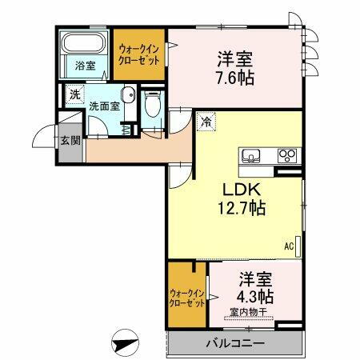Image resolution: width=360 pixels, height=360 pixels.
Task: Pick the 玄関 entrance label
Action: coord(70,142)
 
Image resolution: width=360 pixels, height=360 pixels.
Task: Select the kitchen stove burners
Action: coord(286,154)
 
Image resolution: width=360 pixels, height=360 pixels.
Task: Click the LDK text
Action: coord(238,190)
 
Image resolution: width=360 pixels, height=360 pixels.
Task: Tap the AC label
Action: coord(288,246)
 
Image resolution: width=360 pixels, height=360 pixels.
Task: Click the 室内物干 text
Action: coord(248,312)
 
